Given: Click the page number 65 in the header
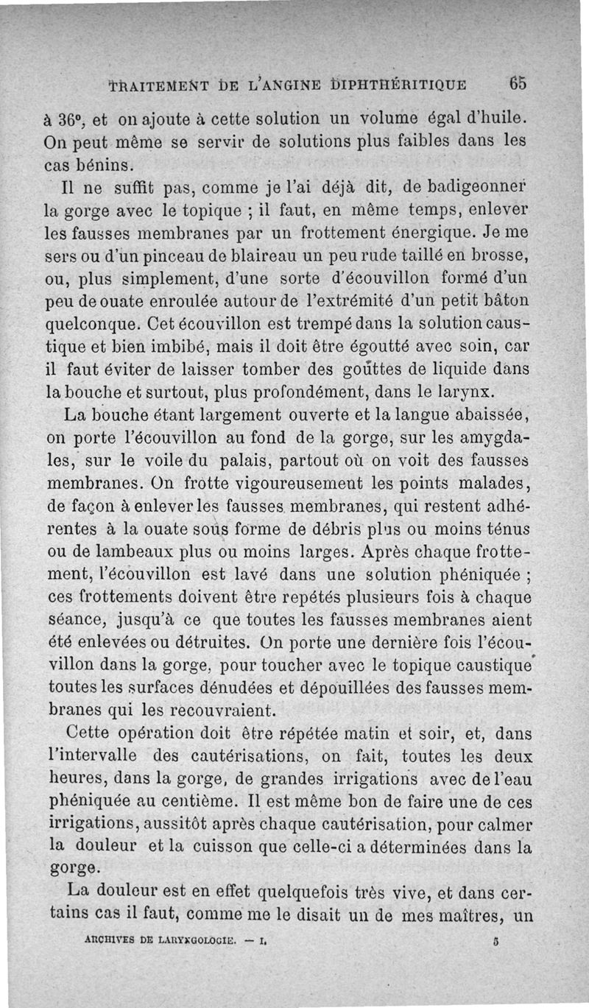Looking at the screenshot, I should pyautogui.click(x=518, y=82).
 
